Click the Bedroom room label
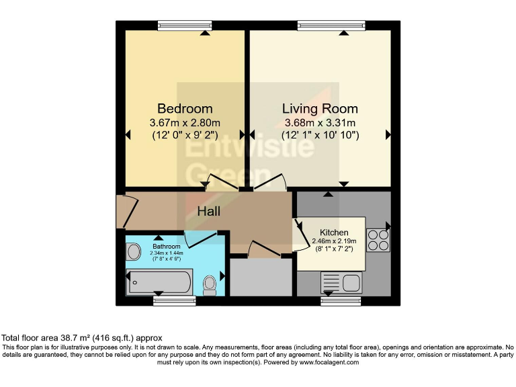point(185,108)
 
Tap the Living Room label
point(320,108)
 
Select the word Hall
point(208,211)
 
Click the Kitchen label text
point(334,232)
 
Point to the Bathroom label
point(165,247)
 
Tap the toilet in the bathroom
point(210,284)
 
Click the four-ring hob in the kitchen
point(378,241)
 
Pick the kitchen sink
point(341,281)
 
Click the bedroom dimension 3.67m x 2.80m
point(185,122)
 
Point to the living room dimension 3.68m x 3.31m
point(320,122)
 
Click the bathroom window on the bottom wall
point(174,300)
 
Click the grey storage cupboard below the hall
point(261,277)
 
